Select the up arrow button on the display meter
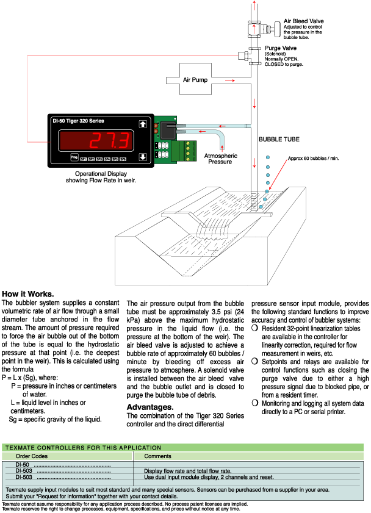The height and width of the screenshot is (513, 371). pyautogui.click(x=143, y=124)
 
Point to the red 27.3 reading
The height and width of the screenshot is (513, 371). pyautogui.click(x=109, y=141)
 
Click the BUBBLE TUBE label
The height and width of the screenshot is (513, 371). pyautogui.click(x=279, y=139)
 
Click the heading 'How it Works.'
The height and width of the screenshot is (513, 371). pyautogui.click(x=28, y=293)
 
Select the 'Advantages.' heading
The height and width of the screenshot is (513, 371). pyautogui.click(x=149, y=407)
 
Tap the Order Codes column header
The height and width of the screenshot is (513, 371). pyautogui.click(x=31, y=456)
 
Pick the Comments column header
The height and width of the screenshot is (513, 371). pyautogui.click(x=157, y=456)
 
